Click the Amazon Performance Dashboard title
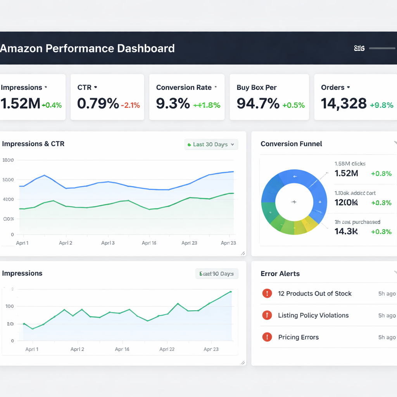click(88, 48)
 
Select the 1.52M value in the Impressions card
click(20, 104)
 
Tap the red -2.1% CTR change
click(130, 105)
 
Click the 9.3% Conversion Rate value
click(173, 104)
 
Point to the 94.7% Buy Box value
click(258, 104)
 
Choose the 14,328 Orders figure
click(343, 104)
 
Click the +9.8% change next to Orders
click(381, 105)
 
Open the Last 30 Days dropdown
click(211, 144)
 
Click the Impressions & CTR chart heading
click(33, 144)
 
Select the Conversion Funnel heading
click(291, 144)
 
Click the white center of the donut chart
click(294, 202)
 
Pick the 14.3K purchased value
click(346, 231)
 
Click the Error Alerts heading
click(280, 274)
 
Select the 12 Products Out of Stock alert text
click(314, 293)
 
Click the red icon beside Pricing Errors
click(267, 337)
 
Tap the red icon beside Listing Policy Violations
click(267, 315)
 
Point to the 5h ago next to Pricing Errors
click(387, 337)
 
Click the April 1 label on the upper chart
click(22, 243)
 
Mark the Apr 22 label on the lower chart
click(167, 349)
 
